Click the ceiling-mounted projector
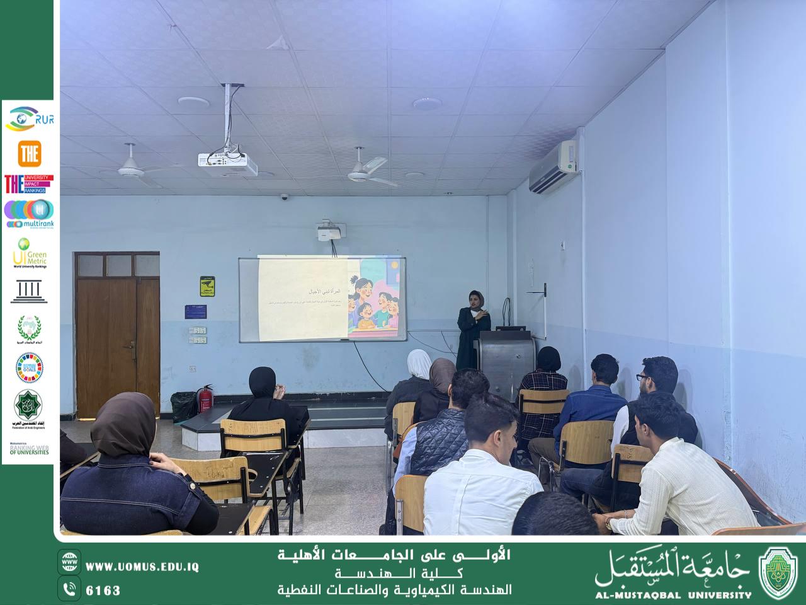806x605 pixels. coord(227,163)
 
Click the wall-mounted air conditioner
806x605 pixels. coord(552,166)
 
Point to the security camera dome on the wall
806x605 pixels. coord(284,197)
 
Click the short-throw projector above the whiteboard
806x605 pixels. coord(329,231)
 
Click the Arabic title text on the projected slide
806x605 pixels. coord(321,292)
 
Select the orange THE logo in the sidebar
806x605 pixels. coord(29,153)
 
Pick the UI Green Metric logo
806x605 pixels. coord(29,253)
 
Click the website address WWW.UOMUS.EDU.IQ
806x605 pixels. coord(142,567)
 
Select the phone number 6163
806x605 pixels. coord(103,591)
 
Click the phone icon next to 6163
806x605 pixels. coord(69,589)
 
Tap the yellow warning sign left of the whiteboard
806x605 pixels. coord(208,286)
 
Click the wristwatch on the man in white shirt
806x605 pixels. coord(608,522)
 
